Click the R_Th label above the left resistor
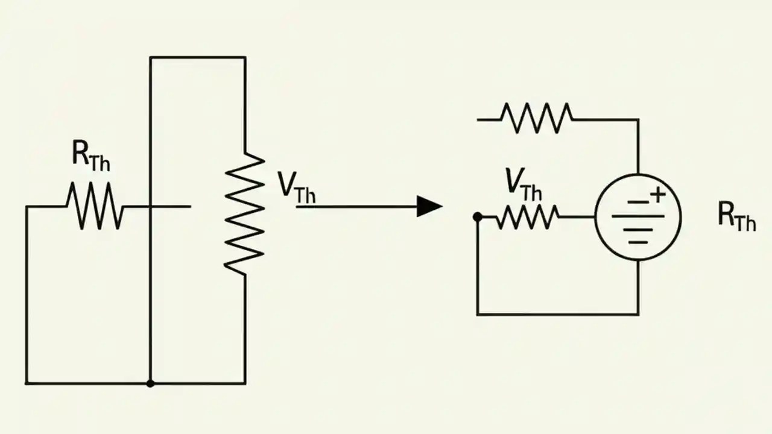pyautogui.click(x=91, y=157)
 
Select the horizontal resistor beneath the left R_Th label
pyautogui.click(x=95, y=206)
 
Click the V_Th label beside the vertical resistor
pyautogui.click(x=296, y=187)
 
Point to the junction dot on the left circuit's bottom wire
pyautogui.click(x=150, y=383)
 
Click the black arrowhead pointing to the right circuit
pyautogui.click(x=429, y=206)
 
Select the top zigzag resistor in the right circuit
pyautogui.click(x=536, y=118)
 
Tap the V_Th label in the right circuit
pyautogui.click(x=523, y=183)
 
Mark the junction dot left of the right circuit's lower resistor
pyautogui.click(x=478, y=217)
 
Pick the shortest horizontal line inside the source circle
pyautogui.click(x=638, y=242)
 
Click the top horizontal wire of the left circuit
pyautogui.click(x=197, y=57)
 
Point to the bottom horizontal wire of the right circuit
pyautogui.click(x=558, y=314)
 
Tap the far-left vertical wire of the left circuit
pyautogui.click(x=26, y=295)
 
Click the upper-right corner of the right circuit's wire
pyautogui.click(x=638, y=119)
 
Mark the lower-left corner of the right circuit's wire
pyautogui.click(x=478, y=314)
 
